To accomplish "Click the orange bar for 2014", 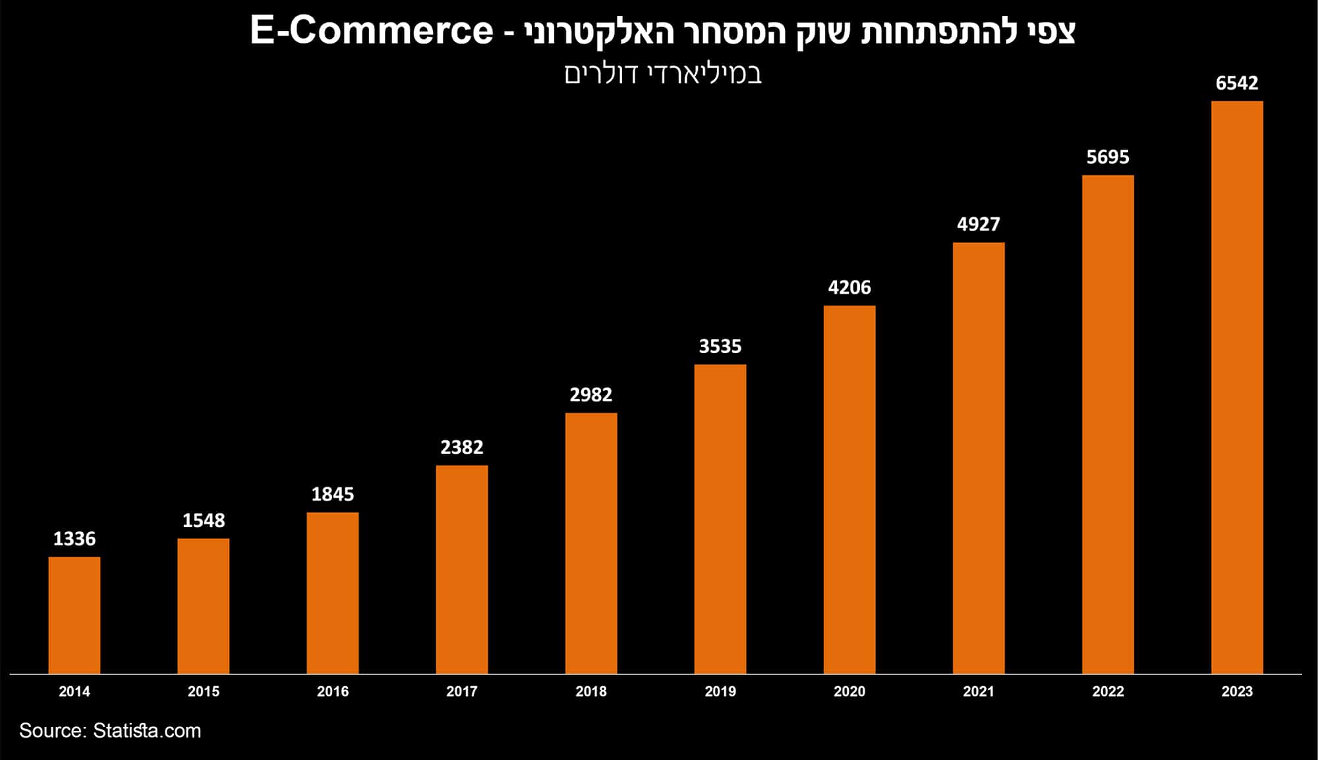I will tap(74, 615).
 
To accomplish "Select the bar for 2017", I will tap(462, 570).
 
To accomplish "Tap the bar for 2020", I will tap(849, 489).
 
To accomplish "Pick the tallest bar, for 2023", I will tap(1237, 387).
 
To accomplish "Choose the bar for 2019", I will tap(720, 519).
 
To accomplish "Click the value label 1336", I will tap(74, 539).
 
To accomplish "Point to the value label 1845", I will tap(333, 494).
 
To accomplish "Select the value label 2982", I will tap(591, 394).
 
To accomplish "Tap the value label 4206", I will tap(849, 287).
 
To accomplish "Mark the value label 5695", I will tap(1108, 157).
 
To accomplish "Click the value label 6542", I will tap(1237, 83).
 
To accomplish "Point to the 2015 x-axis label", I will tap(204, 692).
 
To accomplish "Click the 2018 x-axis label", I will tap(591, 692).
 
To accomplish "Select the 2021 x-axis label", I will tap(979, 692).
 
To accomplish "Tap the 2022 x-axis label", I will tap(1108, 692).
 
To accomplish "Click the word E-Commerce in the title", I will tap(372, 31).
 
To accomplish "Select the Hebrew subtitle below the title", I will tap(663, 74).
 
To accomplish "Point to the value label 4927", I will tap(979, 224).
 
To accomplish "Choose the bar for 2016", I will tap(333, 593).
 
